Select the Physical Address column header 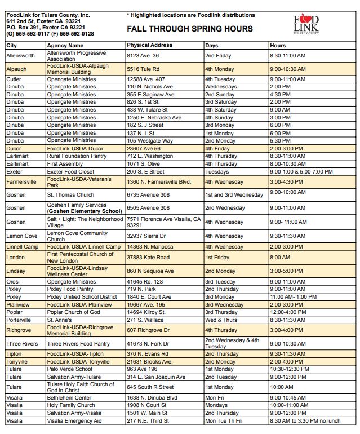(x=149, y=45)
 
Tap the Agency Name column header (x=65, y=45)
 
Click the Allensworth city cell (x=20, y=56)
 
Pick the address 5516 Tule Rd (x=143, y=69)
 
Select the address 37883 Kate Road (x=148, y=257)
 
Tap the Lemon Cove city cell (x=22, y=236)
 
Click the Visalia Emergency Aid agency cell (x=74, y=421)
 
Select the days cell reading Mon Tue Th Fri (x=224, y=421)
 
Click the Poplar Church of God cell (x=73, y=312)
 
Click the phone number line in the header (x=50, y=34)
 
